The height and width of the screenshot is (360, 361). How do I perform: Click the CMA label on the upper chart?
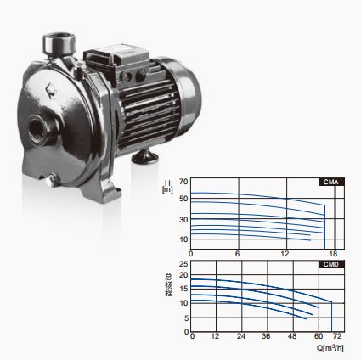coord(331,182)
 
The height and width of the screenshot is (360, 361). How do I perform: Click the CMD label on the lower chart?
coord(331,264)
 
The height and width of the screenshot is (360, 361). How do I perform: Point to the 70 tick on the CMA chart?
coord(183,182)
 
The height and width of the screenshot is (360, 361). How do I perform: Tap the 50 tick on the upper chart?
coord(183,199)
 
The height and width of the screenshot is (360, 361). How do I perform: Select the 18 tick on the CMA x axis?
coord(335,254)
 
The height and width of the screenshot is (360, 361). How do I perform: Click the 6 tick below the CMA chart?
coord(238,254)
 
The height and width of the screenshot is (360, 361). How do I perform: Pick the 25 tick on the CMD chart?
coord(183,264)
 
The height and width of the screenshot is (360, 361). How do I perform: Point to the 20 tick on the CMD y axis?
coord(183,275)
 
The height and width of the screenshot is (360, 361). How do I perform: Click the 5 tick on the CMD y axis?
coord(186,318)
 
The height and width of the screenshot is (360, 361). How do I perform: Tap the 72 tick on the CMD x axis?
coord(337,336)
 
